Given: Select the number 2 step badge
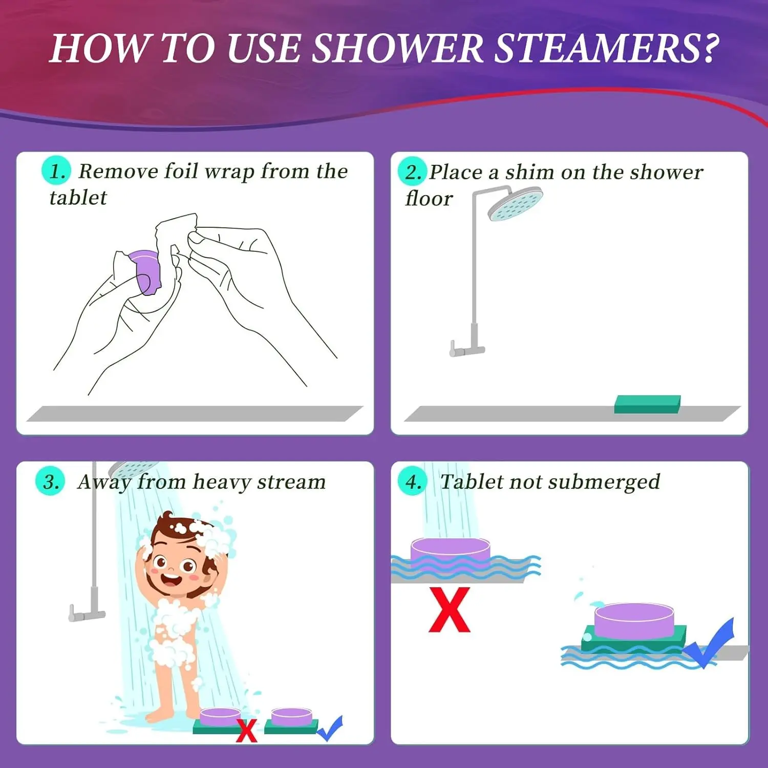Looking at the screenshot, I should click(412, 172).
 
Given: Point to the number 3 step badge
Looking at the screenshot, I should click(50, 481).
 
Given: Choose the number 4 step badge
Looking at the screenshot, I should click(413, 481).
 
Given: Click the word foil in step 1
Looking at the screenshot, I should click(181, 170).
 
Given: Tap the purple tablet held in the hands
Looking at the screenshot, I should click(145, 271).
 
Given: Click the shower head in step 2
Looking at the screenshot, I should click(515, 203).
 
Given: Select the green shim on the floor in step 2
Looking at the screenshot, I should click(647, 403).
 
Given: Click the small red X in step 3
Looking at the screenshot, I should click(246, 731).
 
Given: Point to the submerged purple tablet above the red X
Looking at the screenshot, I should click(450, 552).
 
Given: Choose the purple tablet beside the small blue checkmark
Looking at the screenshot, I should click(291, 717).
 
